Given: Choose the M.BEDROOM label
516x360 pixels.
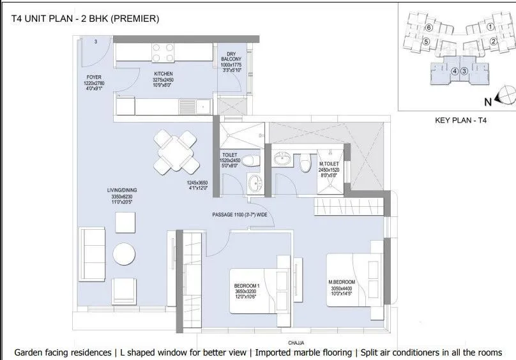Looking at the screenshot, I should coord(342,281).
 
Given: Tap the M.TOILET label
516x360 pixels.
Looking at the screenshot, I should coord(328,164).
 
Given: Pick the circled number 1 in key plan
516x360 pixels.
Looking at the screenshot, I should coord(490,27).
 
